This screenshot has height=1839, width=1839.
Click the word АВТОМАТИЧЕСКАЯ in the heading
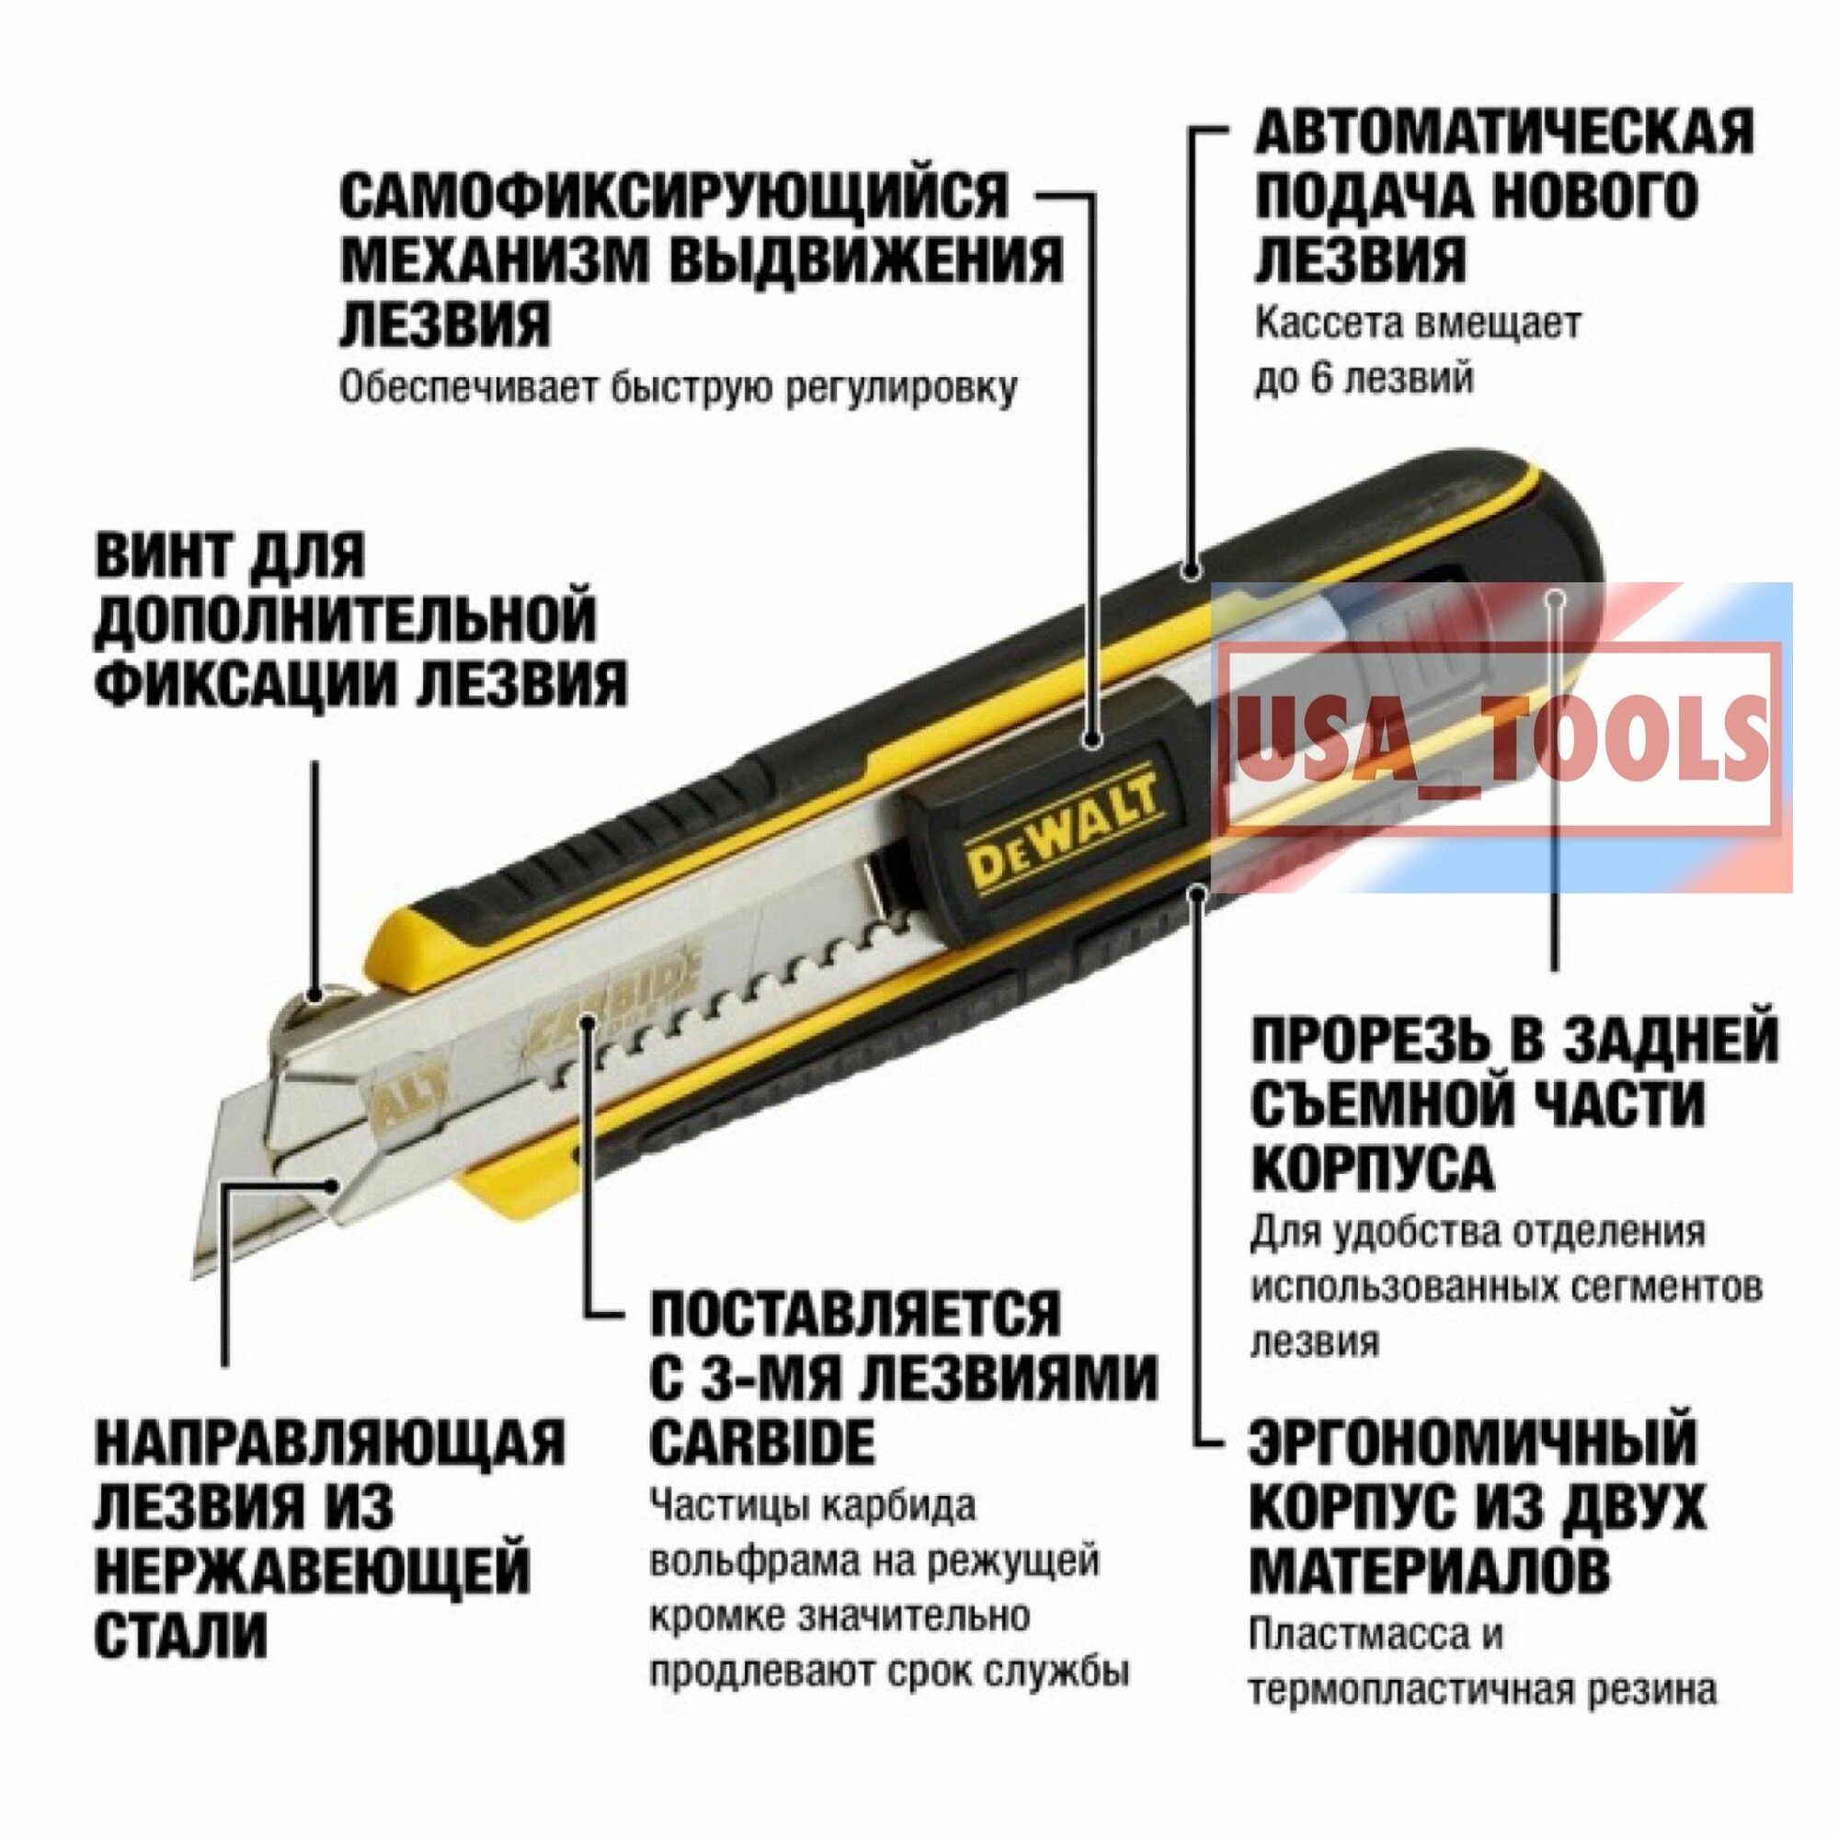(1503, 132)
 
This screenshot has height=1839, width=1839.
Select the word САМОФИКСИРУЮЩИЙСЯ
(673, 196)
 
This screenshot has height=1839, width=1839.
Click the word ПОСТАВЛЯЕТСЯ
(855, 1315)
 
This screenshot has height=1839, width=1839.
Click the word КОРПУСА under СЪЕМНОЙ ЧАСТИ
(1372, 1167)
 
